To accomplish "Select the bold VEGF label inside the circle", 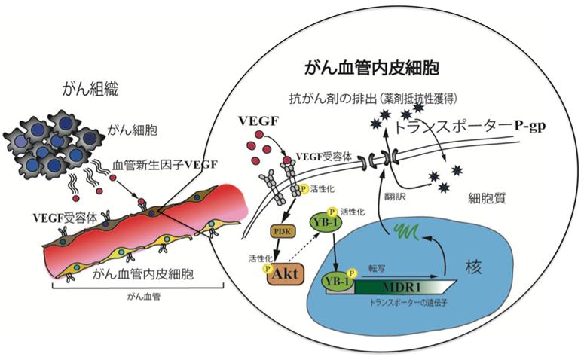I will pos(256,120).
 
